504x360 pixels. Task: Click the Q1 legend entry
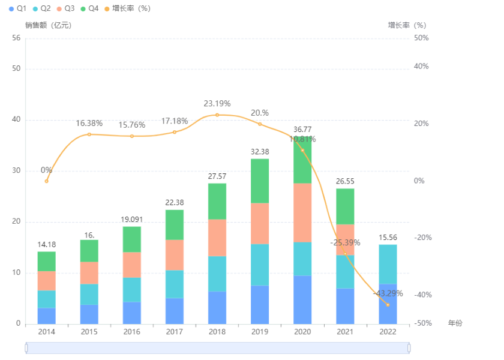[17, 8]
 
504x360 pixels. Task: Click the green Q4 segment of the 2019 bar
[260, 181]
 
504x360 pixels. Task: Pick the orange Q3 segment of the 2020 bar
[302, 212]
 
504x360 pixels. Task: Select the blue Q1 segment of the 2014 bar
[47, 316]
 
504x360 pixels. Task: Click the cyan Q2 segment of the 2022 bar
[388, 264]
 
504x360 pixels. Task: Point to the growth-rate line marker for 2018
[217, 115]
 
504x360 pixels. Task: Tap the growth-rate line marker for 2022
[388, 305]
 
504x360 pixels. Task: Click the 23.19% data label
[217, 103]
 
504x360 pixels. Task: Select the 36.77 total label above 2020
[302, 130]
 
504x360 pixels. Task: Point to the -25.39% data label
[345, 243]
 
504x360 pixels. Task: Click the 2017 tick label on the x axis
[175, 332]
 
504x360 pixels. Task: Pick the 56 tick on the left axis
[16, 38]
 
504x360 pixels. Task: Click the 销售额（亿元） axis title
[48, 25]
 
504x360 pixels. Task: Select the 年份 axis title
[455, 323]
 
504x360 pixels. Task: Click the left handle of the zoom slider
[26, 347]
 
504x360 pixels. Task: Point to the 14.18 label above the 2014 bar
[47, 244]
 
